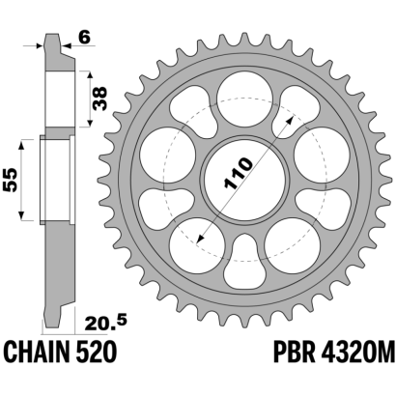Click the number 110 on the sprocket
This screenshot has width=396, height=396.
coord(239,173)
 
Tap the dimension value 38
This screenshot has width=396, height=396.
coord(99,99)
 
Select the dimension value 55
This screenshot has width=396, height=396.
coord(10,180)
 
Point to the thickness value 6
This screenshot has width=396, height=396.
coord(84,38)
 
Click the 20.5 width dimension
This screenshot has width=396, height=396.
coord(105,323)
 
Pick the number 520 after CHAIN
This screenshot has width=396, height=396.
coord(97,353)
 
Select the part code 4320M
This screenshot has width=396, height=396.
coord(357,353)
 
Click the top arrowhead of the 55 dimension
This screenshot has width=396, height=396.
coord(21,145)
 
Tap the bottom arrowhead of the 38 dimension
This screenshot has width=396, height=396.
coord(90,122)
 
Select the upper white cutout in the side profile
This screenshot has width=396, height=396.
coord(60,99)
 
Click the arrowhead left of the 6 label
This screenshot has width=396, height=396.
coord(40,45)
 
